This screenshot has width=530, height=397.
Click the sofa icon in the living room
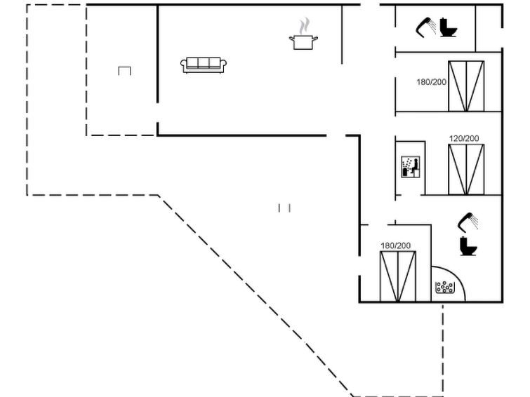(204, 65)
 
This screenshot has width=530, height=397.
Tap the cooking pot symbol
(303, 42)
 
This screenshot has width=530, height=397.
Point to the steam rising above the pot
(304, 26)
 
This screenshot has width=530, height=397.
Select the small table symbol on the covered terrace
(124, 71)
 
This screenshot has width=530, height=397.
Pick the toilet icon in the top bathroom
(448, 27)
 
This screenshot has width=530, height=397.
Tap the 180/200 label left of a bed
(431, 82)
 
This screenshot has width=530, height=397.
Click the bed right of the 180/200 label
(466, 86)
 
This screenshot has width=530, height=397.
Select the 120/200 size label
(464, 138)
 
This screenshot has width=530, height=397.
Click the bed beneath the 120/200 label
(466, 170)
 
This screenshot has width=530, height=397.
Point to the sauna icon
(411, 166)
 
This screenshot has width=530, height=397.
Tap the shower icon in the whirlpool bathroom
(468, 222)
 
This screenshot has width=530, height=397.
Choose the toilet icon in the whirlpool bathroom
(468, 246)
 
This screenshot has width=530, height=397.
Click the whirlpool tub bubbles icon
(445, 287)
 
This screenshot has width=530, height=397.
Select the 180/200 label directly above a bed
(395, 245)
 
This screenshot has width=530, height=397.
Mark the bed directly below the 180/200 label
(398, 276)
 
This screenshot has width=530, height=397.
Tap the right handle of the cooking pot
(315, 39)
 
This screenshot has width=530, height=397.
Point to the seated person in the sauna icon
(414, 166)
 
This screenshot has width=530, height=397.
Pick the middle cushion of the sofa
(204, 63)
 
